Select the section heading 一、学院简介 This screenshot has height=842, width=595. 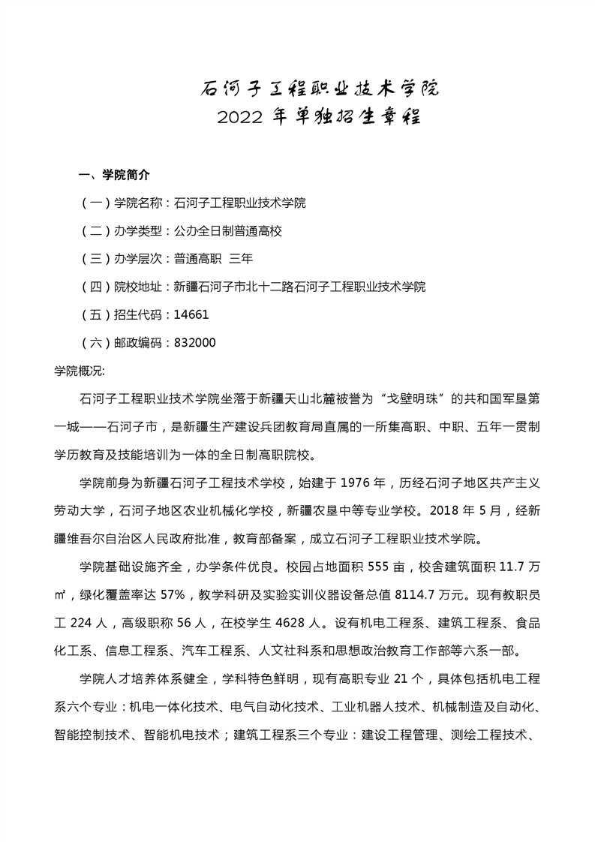[114, 176]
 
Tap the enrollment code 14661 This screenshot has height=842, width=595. [191, 314]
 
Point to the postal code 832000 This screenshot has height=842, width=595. [194, 342]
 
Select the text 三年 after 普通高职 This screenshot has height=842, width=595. [241, 259]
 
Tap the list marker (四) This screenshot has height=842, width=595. [94, 287]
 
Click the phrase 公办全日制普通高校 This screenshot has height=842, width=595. [227, 231]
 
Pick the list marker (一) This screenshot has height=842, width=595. [94, 203]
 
